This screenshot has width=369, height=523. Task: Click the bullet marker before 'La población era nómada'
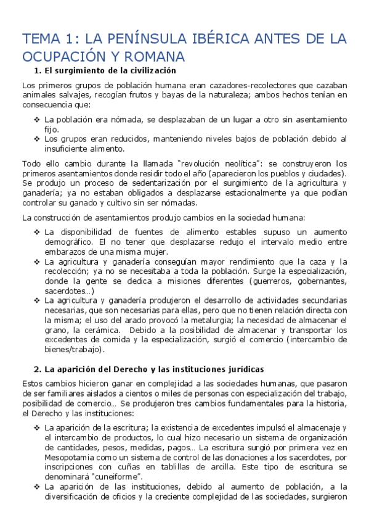[38, 120]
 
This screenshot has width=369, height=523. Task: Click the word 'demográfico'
[69, 241]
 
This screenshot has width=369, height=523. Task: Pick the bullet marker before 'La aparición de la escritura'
[38, 427]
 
